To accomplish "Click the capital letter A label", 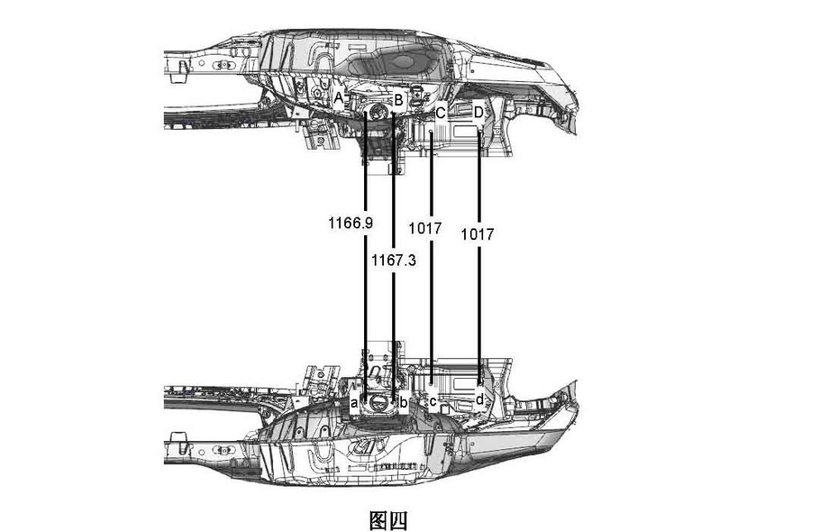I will (x=340, y=96).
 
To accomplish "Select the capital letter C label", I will (x=441, y=113).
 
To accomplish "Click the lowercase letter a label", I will (x=355, y=402).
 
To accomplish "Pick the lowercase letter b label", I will (x=404, y=401).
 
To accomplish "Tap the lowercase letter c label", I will (x=433, y=401).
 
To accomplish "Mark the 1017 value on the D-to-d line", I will (x=478, y=234).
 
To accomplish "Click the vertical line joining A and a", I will (x=364, y=298).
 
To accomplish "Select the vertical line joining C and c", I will (x=433, y=307).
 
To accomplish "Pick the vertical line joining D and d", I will (x=478, y=307).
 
